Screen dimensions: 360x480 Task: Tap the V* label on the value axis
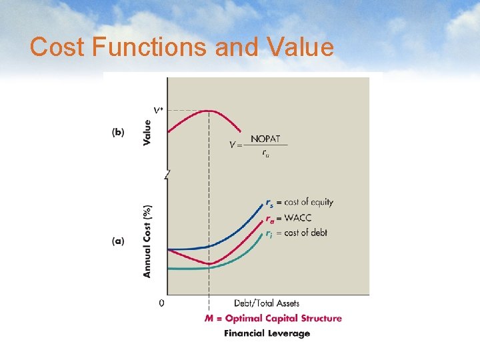pyautogui.click(x=158, y=110)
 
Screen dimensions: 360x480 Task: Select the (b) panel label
pyautogui.click(x=117, y=133)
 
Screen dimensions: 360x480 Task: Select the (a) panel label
pyautogui.click(x=117, y=241)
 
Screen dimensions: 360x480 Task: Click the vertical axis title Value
pyautogui.click(x=147, y=133)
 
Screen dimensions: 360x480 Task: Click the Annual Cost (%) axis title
pyautogui.click(x=147, y=241)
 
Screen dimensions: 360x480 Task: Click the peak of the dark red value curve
pyautogui.click(x=209, y=111)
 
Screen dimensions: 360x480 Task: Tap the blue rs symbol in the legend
pyautogui.click(x=269, y=202)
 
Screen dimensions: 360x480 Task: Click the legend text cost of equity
pyautogui.click(x=309, y=202)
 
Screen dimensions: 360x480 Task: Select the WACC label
pyautogui.click(x=297, y=218)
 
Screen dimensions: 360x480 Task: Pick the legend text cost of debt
pyautogui.click(x=306, y=233)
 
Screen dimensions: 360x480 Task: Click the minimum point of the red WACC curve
pyautogui.click(x=209, y=264)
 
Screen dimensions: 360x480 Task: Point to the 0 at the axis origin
pyautogui.click(x=161, y=303)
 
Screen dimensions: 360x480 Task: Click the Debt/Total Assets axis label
pyautogui.click(x=267, y=303)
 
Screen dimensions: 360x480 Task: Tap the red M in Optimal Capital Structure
pyautogui.click(x=209, y=319)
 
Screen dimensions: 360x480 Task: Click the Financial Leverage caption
pyautogui.click(x=267, y=333)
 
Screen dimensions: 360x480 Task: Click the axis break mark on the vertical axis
pyautogui.click(x=167, y=175)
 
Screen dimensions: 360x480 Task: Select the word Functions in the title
pyautogui.click(x=171, y=47)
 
